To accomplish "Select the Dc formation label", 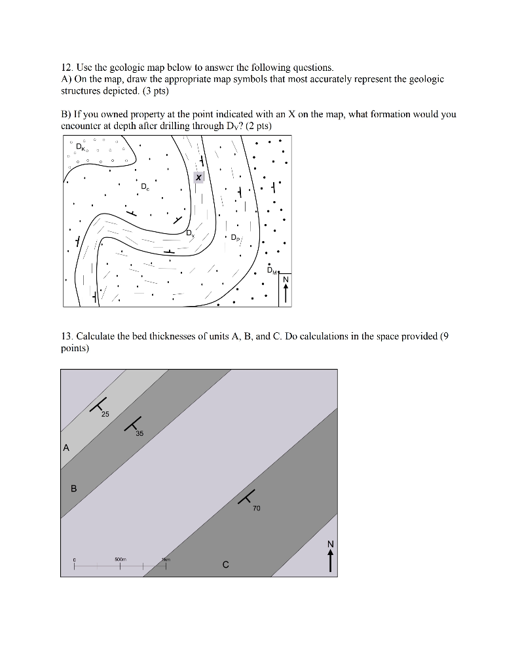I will [144, 187].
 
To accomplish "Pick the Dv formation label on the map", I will [189, 233].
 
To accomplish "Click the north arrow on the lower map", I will [331, 556].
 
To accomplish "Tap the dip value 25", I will [105, 415].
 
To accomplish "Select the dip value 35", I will [139, 434].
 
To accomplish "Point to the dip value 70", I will [256, 508].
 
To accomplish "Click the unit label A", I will [65, 448].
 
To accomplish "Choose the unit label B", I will [73, 488].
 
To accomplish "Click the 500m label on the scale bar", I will [120, 560].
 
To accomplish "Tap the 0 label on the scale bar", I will [75, 560].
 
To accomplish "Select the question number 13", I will [65, 336].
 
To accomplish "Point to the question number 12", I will [65, 67].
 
